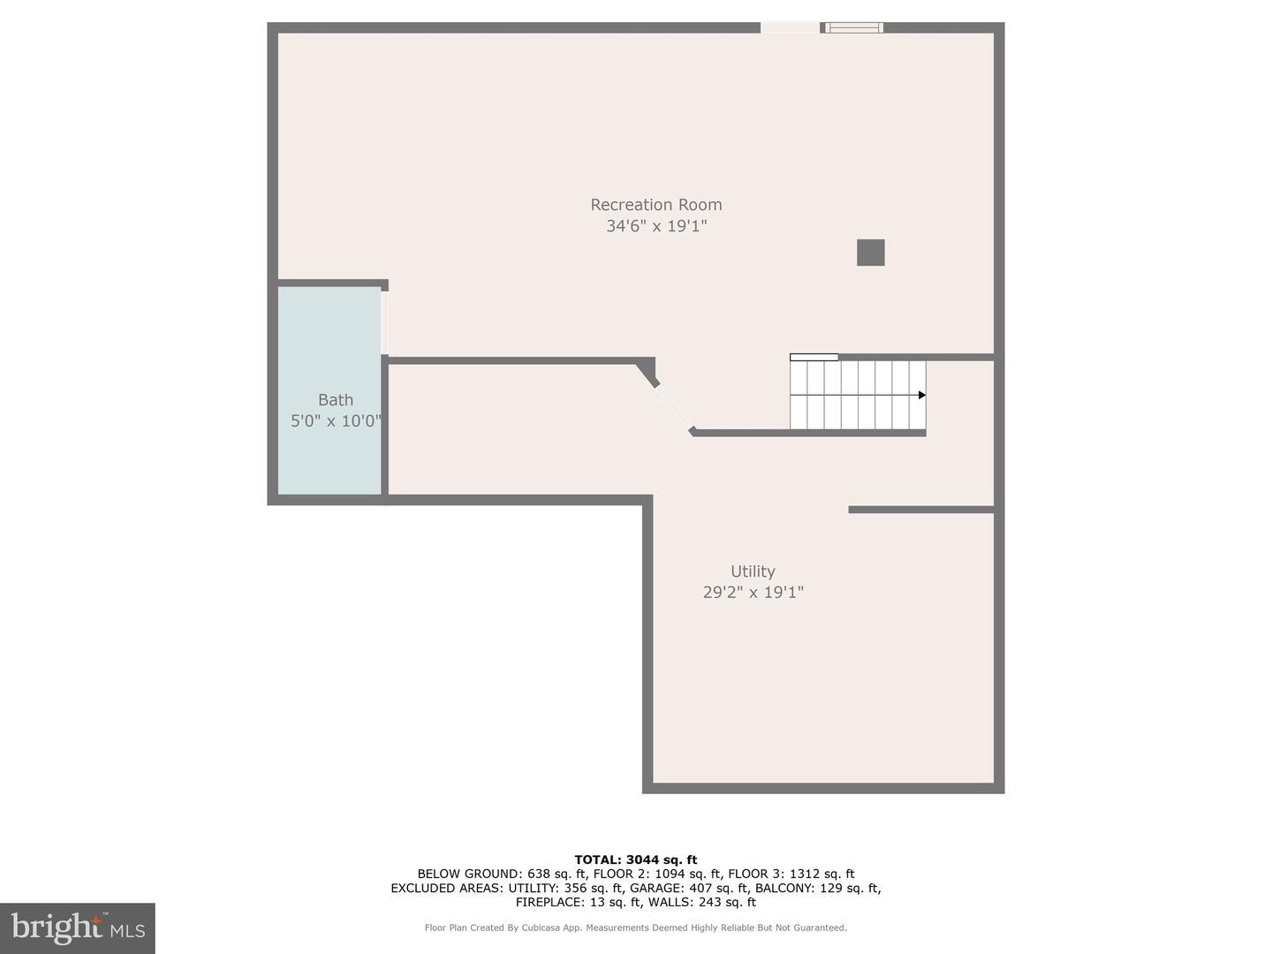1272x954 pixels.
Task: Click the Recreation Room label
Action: pyautogui.click(x=655, y=205)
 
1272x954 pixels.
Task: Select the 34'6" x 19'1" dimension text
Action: pyautogui.click(x=655, y=226)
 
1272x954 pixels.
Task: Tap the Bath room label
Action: pyautogui.click(x=335, y=400)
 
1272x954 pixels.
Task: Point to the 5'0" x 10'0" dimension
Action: pyautogui.click(x=336, y=421)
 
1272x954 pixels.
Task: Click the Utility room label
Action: pyautogui.click(x=753, y=572)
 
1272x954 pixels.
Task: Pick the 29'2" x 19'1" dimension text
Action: pyautogui.click(x=753, y=593)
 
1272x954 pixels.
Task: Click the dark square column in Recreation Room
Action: pyautogui.click(x=870, y=253)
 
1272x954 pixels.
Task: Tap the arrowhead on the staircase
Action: pyautogui.click(x=921, y=395)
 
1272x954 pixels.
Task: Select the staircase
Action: pyautogui.click(x=857, y=395)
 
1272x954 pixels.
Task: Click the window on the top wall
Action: pyautogui.click(x=853, y=27)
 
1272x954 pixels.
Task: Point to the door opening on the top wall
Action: pyautogui.click(x=790, y=27)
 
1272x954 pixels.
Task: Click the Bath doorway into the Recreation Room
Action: pyautogui.click(x=384, y=322)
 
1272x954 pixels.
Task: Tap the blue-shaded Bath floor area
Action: pyautogui.click(x=329, y=459)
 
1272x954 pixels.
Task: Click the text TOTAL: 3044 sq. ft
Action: pyautogui.click(x=635, y=859)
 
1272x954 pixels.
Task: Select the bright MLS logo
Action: pyautogui.click(x=78, y=927)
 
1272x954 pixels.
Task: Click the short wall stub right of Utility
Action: pyautogui.click(x=920, y=510)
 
